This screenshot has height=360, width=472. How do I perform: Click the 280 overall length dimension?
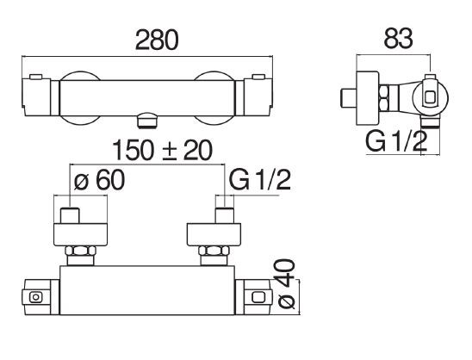pyautogui.click(x=157, y=40)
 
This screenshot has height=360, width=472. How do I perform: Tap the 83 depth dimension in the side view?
pyautogui.click(x=398, y=39)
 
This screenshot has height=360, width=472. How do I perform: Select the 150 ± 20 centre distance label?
pyautogui.click(x=163, y=150)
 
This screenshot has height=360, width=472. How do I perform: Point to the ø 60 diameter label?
pyautogui.click(x=99, y=180)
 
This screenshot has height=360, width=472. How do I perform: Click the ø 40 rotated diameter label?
pyautogui.click(x=286, y=284)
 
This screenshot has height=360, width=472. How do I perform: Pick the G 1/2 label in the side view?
pyautogui.click(x=396, y=141)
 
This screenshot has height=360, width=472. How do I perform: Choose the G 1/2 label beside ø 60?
pyautogui.click(x=259, y=180)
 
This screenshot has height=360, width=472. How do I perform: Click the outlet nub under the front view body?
pyautogui.click(x=147, y=121)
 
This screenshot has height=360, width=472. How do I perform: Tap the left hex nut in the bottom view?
pyautogui.click(x=81, y=251)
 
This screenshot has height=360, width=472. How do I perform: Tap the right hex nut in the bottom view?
pyautogui.click(x=214, y=251)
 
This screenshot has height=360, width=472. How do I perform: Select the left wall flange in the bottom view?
pyautogui.click(x=80, y=234)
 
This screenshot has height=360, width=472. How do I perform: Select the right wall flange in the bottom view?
pyautogui.click(x=214, y=234)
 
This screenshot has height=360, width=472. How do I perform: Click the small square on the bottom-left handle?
pyautogui.click(x=36, y=297)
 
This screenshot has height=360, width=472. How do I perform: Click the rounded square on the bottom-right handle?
pyautogui.click(x=258, y=297)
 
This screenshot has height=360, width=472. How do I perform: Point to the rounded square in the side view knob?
pyautogui.click(x=430, y=98)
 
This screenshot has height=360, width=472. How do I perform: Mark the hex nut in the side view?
pyautogui.click(x=384, y=98)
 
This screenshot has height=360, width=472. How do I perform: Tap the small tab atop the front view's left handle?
pyautogui.click(x=36, y=77)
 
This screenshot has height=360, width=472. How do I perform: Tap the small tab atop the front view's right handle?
pyautogui.click(x=259, y=77)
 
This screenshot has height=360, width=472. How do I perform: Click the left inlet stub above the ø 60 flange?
pyautogui.click(x=70, y=215)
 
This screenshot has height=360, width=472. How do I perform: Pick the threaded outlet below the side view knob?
pyautogui.click(x=430, y=123)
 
